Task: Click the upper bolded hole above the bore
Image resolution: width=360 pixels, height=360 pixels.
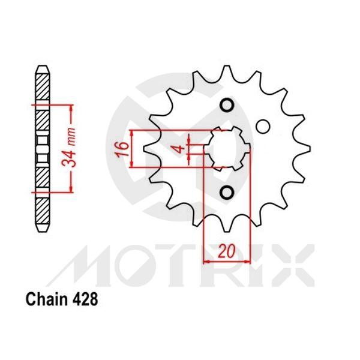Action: (227, 106)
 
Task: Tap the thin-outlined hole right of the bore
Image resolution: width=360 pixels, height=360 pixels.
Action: (262, 126)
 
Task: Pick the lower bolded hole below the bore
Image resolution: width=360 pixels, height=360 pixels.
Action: (227, 192)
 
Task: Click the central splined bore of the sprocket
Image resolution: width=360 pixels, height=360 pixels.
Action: (227, 149)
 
